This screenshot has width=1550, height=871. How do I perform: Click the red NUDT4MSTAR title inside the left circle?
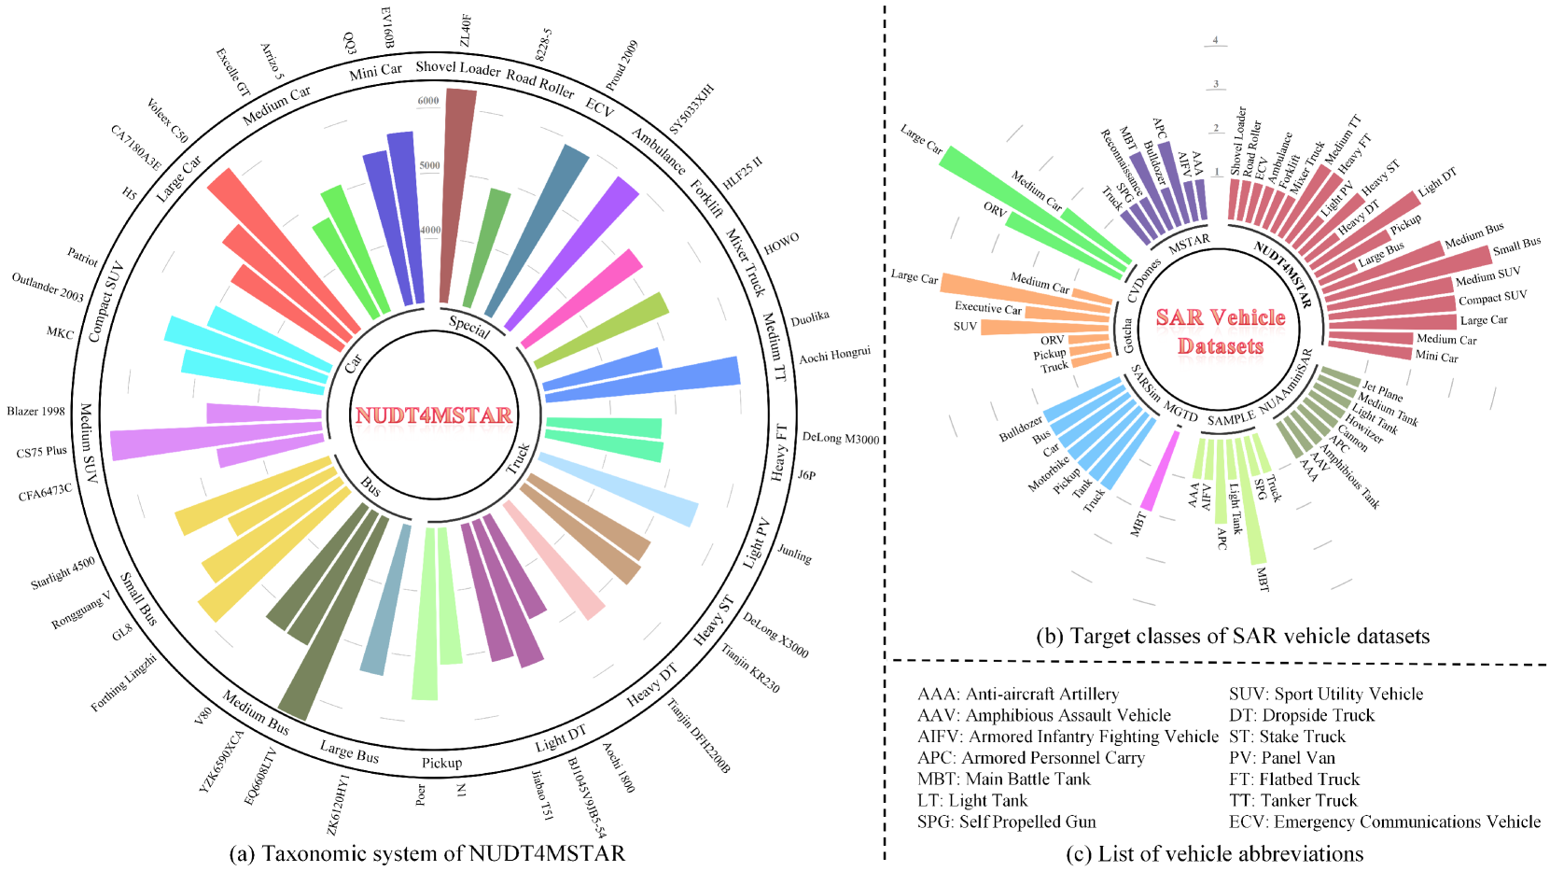(x=433, y=415)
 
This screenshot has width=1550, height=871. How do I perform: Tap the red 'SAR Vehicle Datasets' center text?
(x=1221, y=331)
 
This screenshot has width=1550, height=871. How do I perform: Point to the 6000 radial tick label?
(x=428, y=101)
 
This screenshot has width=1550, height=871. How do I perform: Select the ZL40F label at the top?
(x=465, y=31)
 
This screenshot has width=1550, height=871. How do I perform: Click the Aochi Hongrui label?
(x=834, y=356)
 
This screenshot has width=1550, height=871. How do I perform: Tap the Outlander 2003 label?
(x=48, y=287)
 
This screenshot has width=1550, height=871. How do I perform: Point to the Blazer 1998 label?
(x=35, y=412)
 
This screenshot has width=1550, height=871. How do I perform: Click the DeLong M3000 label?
(x=840, y=438)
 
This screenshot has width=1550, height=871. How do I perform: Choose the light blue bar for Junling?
(x=621, y=488)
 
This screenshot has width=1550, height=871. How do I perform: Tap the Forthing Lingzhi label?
(x=123, y=683)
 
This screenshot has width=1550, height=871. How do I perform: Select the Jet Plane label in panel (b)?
(x=1382, y=391)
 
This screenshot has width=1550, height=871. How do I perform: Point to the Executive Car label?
(x=987, y=307)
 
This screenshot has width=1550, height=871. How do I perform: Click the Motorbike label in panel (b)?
(x=1049, y=473)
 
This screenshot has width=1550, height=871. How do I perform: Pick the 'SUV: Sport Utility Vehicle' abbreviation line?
(x=1326, y=694)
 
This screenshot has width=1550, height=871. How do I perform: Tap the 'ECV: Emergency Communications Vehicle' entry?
(x=1385, y=822)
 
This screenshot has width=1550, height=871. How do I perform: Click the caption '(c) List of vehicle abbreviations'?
(x=1214, y=853)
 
